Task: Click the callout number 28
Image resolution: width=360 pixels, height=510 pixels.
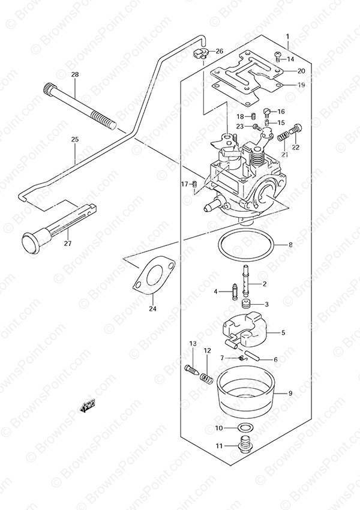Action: (75, 75)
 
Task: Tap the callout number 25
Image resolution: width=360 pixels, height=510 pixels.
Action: (75, 140)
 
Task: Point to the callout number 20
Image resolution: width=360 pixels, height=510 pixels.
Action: (301, 71)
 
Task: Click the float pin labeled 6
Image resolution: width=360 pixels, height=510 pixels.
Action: (251, 355)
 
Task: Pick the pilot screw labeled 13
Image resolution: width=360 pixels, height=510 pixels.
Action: (191, 370)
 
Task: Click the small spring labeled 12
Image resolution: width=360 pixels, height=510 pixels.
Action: (206, 377)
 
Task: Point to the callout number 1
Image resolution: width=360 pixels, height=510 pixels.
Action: (287, 37)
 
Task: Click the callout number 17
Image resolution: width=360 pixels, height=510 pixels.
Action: (184, 184)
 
